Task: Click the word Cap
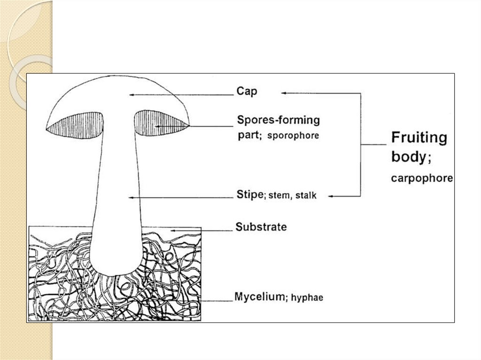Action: click(x=247, y=91)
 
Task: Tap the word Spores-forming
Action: click(x=279, y=120)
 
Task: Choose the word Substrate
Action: click(x=261, y=227)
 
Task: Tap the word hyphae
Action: click(x=307, y=298)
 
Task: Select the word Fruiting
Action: click(x=419, y=138)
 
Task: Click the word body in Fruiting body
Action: click(x=408, y=157)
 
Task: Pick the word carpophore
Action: click(x=422, y=178)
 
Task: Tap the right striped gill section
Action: click(x=161, y=124)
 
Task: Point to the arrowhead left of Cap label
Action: click(x=132, y=95)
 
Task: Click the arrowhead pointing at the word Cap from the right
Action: click(x=284, y=93)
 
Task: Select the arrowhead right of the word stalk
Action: click(x=331, y=196)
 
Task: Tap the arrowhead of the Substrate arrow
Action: click(x=172, y=230)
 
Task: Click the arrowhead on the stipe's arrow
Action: click(x=130, y=198)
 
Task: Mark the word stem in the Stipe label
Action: click(x=279, y=196)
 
